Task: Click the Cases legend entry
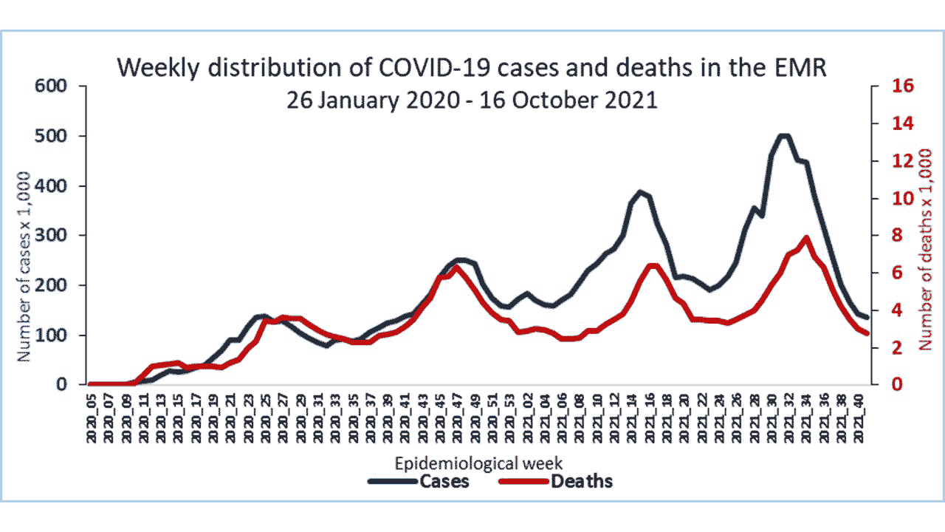click(x=418, y=482)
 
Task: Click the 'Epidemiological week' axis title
click(x=480, y=463)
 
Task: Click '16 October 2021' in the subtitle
click(x=568, y=100)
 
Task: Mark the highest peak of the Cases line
click(x=783, y=136)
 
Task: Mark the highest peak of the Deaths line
click(x=806, y=238)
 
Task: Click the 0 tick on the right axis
click(x=882, y=385)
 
